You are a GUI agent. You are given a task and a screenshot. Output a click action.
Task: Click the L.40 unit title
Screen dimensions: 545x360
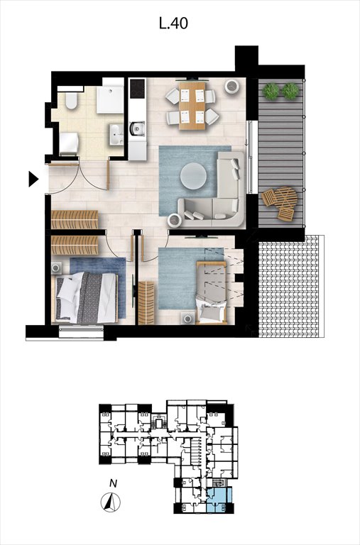174,24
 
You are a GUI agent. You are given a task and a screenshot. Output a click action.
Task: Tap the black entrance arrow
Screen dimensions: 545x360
33,180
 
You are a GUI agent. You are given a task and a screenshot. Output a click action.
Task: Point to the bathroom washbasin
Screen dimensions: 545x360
116,133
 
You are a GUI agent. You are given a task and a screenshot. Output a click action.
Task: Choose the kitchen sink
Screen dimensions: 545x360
137,129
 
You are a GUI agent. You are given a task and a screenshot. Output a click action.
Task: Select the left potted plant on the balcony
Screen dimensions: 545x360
271,91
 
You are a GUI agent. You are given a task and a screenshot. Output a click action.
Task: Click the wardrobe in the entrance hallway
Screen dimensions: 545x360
75,218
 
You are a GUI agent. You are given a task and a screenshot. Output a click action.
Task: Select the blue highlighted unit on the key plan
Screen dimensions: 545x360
219,499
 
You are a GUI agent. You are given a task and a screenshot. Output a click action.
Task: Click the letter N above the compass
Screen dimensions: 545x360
113,484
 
